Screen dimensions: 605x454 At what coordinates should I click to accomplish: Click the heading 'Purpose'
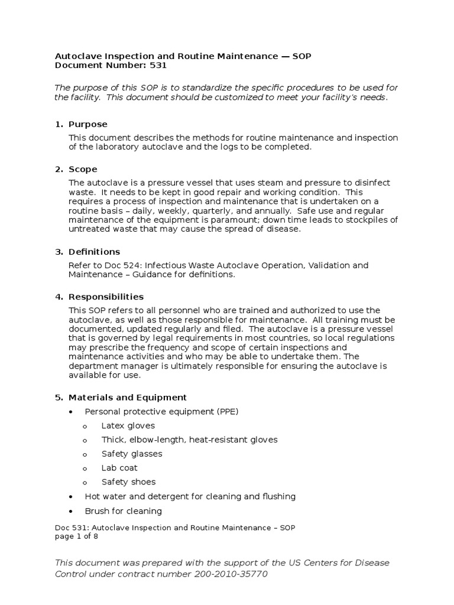pyautogui.click(x=87, y=124)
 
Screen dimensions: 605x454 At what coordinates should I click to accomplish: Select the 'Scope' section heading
pyautogui.click(x=83, y=170)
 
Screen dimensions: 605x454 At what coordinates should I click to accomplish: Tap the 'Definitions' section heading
pyautogui.click(x=94, y=252)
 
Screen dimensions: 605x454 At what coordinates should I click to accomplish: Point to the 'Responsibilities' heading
pyautogui.click(x=106, y=297)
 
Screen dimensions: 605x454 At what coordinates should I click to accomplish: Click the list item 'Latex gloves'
pyautogui.click(x=128, y=425)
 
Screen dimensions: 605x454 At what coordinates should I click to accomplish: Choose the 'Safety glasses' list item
pyautogui.click(x=131, y=454)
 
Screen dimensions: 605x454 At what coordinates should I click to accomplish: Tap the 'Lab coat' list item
pyautogui.click(x=119, y=468)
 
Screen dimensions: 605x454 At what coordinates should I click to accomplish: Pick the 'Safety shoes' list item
pyautogui.click(x=128, y=482)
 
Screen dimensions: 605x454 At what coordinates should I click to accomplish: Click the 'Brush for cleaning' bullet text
pyautogui.click(x=123, y=511)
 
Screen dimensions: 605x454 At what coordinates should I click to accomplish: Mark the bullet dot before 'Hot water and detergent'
pyautogui.click(x=72, y=497)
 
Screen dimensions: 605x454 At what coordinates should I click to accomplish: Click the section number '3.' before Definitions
pyautogui.click(x=59, y=252)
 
